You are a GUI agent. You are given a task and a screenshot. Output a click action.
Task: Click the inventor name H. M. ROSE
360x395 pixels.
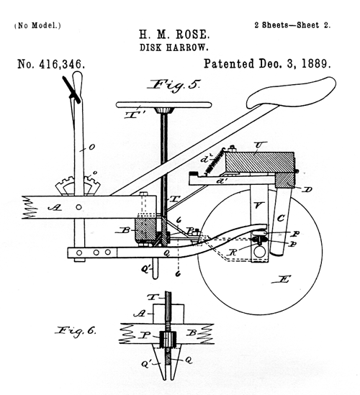[174, 35]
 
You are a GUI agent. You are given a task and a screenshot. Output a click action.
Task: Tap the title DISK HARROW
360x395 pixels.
[174, 47]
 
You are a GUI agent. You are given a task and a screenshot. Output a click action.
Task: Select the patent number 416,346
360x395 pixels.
[61, 64]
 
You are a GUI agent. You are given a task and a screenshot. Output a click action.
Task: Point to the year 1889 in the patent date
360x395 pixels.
[316, 63]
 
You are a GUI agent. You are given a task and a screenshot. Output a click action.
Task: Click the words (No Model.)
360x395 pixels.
[37, 25]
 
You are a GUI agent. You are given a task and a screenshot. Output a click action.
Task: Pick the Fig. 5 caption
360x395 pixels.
[175, 86]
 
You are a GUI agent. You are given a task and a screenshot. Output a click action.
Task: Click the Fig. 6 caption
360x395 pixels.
[76, 331]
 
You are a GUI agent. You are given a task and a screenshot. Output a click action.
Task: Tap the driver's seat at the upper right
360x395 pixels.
[291, 93]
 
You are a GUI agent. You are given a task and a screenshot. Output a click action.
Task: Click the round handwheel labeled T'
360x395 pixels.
[164, 105]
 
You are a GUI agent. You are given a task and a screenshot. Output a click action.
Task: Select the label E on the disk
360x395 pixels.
[282, 279]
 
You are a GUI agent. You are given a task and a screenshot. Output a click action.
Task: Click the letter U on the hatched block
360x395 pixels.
[258, 145]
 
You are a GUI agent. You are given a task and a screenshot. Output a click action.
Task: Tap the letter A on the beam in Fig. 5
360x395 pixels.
[55, 208]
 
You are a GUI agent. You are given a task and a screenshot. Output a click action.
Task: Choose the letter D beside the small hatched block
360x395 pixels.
[307, 190]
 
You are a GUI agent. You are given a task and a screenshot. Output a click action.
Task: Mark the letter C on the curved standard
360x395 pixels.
[281, 218]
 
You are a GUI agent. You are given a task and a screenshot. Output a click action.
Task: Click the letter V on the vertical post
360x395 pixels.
[258, 206]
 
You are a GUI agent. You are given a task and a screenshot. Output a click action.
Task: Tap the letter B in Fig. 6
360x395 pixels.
[192, 333]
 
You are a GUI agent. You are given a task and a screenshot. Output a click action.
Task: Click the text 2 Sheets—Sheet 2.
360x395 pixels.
[292, 25]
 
